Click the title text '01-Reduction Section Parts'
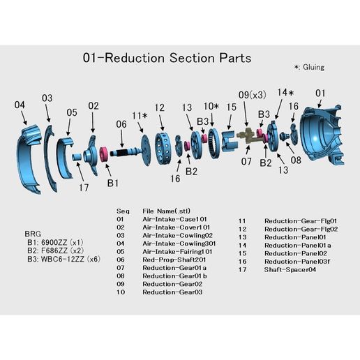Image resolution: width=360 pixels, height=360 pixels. [x=166, y=57]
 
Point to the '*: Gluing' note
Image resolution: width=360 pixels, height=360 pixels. [x=309, y=68]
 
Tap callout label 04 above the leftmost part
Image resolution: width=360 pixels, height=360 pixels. [x=20, y=105]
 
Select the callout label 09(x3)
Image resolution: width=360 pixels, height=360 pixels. [x=252, y=94]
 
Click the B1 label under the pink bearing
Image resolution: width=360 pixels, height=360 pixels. [x=112, y=183]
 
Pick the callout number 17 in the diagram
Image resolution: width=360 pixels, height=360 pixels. [x=84, y=186]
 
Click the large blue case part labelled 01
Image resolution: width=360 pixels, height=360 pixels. [x=323, y=140]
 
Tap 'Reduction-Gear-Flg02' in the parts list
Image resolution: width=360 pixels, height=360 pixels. [x=300, y=229]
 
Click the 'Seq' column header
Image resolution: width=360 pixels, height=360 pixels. [x=123, y=210]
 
